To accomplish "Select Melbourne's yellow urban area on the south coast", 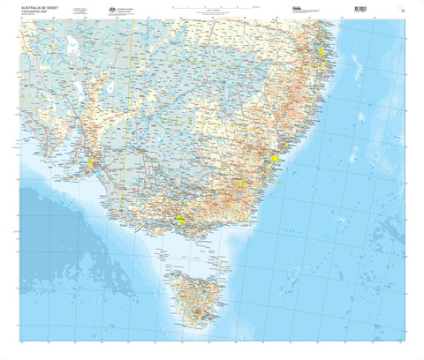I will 179,221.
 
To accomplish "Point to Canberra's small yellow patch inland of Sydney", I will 240,184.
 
